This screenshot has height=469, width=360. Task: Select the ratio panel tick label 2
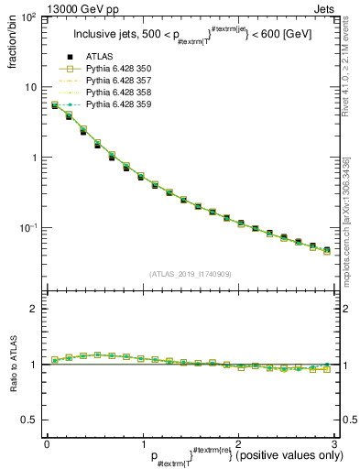[x=33, y=309]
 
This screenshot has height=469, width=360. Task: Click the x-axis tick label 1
[x=142, y=444]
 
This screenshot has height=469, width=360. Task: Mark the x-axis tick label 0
[x=47, y=444]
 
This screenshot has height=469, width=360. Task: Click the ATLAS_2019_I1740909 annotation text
[x=190, y=274]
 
